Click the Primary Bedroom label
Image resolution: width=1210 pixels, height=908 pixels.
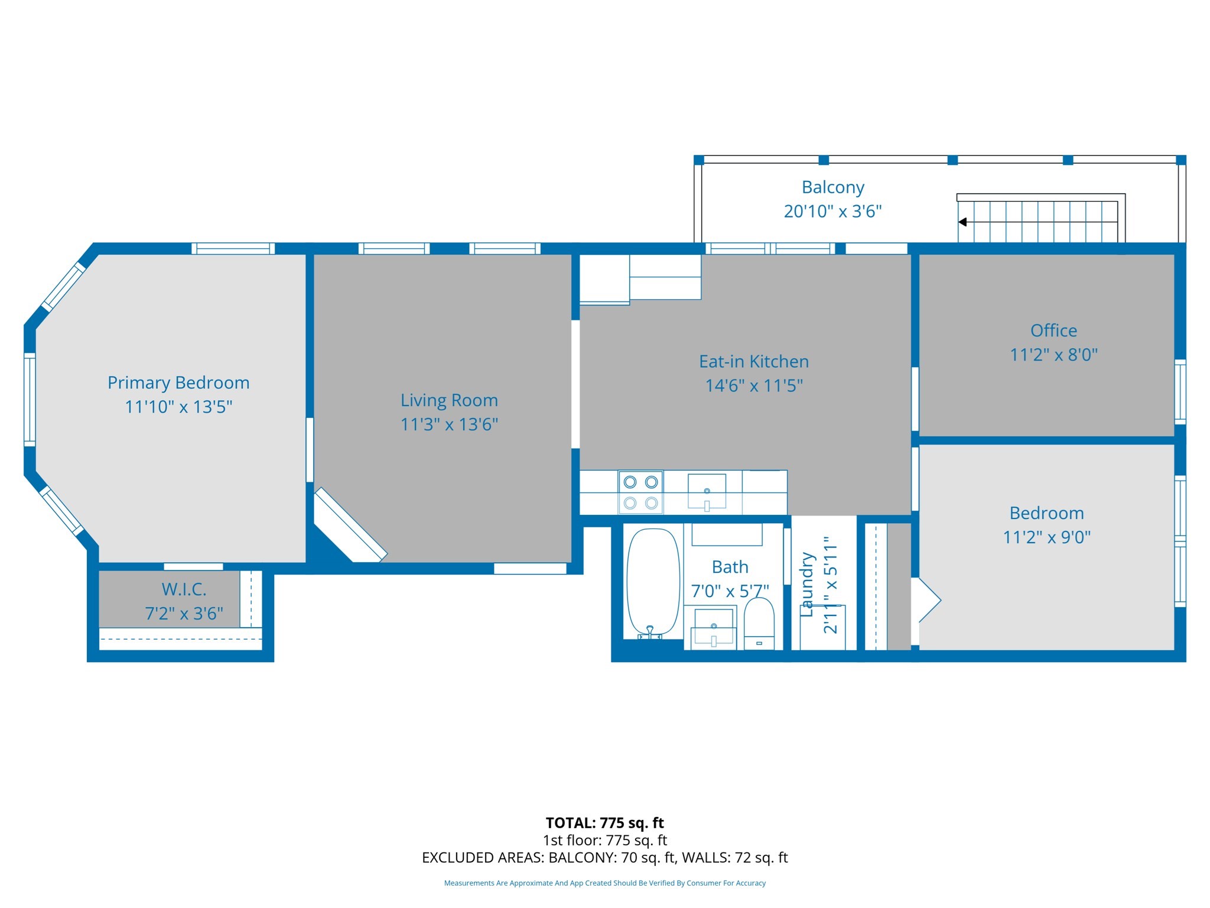pos(178,382)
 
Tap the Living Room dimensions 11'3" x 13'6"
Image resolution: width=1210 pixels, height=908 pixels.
pos(449,424)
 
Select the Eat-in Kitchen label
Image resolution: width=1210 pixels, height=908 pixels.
pos(753,361)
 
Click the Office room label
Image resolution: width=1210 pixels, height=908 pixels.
pos(1053,330)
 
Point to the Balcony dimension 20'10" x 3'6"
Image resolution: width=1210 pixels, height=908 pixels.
pos(832,211)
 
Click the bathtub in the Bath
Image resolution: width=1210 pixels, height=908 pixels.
pos(653,582)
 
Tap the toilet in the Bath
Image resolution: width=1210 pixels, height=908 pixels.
pos(759,623)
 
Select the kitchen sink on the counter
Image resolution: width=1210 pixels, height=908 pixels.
pos(707,491)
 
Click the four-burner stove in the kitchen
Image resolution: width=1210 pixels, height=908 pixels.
pos(640,492)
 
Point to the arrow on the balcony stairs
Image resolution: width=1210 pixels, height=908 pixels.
pos(962,222)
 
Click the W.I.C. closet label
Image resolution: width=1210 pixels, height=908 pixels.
pos(184,589)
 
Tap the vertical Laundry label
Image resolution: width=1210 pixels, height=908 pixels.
pos(807,585)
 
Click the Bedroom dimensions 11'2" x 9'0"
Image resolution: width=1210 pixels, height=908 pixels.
pos(1046,537)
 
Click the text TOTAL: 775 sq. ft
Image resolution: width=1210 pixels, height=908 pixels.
pos(604,823)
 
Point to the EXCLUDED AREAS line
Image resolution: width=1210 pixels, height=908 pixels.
pos(604,858)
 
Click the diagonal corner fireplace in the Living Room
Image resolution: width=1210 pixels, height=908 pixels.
pos(350,525)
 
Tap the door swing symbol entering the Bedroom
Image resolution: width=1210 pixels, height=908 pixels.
pos(928,600)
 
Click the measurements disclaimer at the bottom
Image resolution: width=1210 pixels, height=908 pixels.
pos(604,883)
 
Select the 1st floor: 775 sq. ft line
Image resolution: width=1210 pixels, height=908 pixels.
pos(604,840)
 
